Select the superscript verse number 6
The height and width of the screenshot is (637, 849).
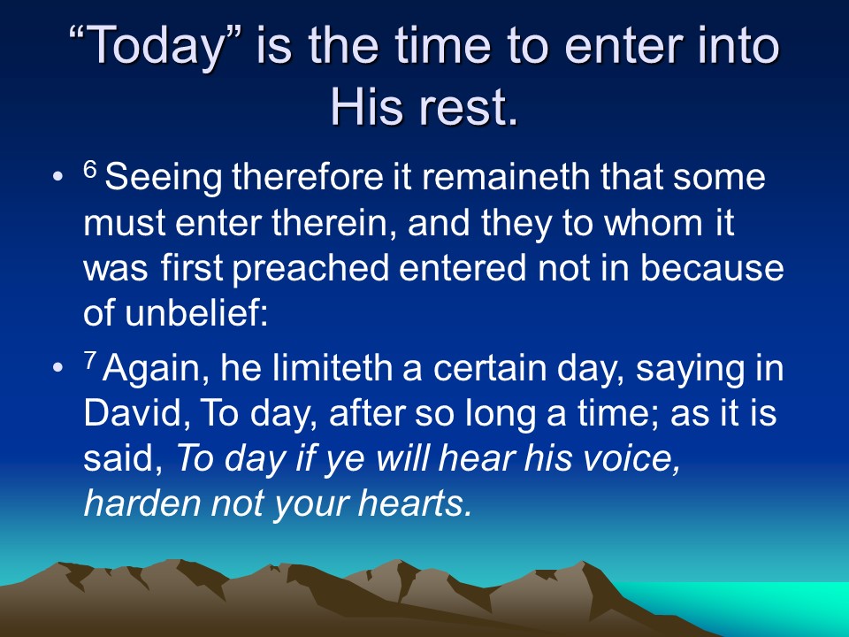coord(90,170)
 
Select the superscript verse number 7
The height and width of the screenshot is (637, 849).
coord(90,360)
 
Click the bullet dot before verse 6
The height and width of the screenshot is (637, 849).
coord(57,177)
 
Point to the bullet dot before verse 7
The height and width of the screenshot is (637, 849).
coord(57,367)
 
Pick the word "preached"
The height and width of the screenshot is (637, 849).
coord(310,269)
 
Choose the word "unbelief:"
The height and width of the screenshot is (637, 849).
coord(196,313)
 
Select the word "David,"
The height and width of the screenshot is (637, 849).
coord(137,414)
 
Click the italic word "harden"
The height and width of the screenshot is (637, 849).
coord(142,503)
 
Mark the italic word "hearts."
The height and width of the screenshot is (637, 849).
coord(415,503)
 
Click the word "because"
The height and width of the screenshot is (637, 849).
coord(712,267)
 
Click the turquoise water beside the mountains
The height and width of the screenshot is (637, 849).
coord(758,604)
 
